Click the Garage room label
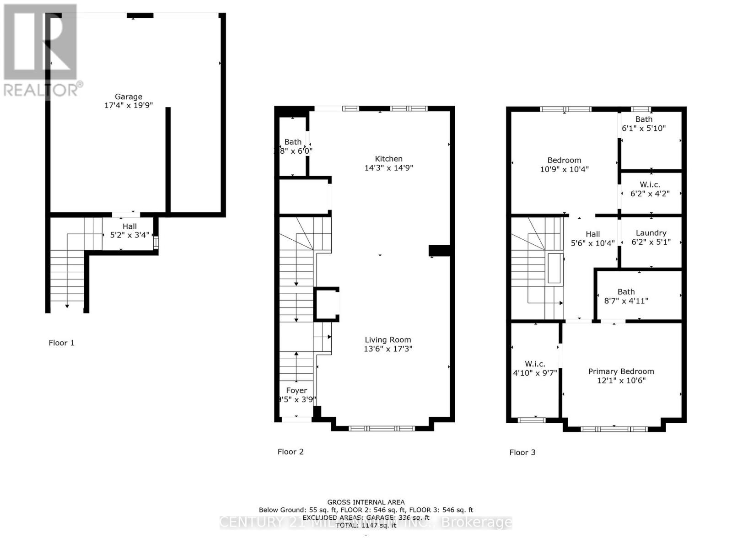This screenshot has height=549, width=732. pos(128,97)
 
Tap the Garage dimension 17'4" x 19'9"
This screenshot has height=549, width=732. pos(128,105)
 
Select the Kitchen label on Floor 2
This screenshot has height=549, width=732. pos(388,159)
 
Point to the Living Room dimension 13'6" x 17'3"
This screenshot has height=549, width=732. pos(388,349)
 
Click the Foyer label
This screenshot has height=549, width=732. pos(296,390)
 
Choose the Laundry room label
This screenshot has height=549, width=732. pos(651,233)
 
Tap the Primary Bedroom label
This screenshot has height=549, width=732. pos(621,371)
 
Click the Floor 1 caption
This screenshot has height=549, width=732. pos(61,343)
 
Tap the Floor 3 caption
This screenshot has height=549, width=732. pos(522,452)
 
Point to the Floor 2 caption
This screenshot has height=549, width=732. pos(291,452)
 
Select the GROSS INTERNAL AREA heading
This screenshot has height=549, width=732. pos(366,502)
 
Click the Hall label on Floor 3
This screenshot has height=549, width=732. pos(592,234)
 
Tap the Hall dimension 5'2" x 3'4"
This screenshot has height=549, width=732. pos(129,235)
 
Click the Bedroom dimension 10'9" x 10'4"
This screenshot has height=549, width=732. pos(564,169)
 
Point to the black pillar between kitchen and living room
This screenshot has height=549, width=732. pos(440,251)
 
